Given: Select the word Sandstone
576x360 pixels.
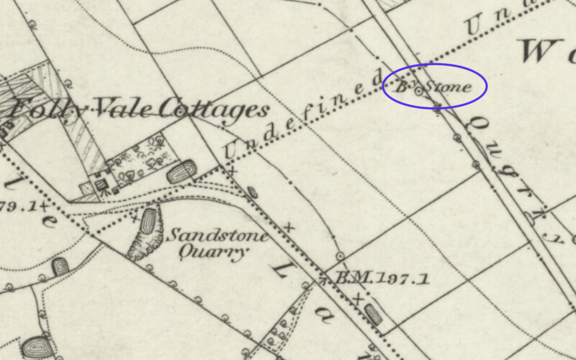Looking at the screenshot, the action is (217, 235).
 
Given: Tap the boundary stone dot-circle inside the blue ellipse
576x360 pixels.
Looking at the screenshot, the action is (419, 90).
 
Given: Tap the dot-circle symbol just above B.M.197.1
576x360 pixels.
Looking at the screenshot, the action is (341, 256).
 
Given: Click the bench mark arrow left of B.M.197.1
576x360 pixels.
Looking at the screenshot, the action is (323, 278).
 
